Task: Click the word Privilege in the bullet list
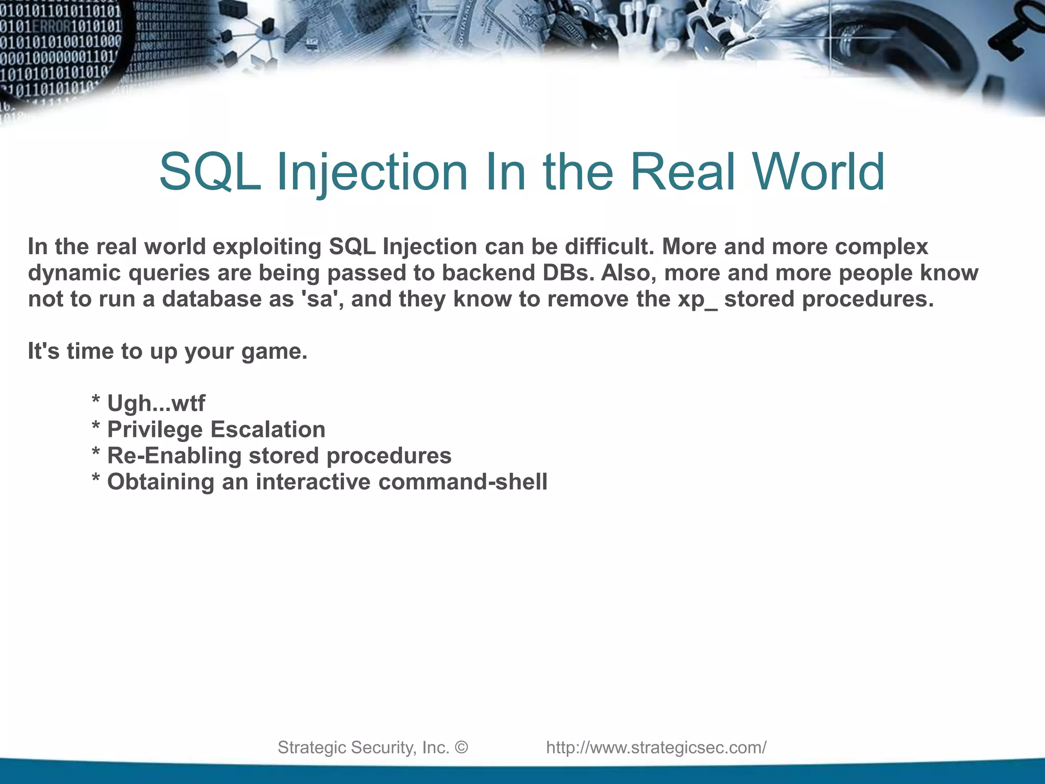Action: point(155,430)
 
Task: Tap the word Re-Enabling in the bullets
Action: point(173,456)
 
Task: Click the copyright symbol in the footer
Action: point(461,747)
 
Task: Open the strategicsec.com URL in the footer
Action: point(656,747)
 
